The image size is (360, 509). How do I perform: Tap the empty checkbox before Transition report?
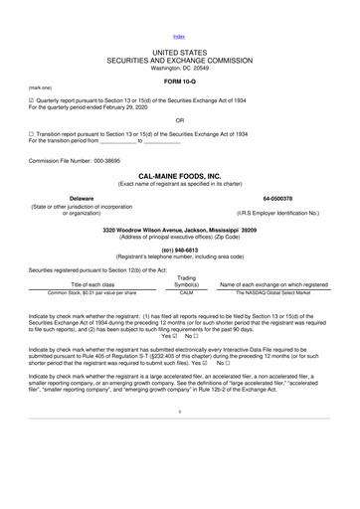coord(33,133)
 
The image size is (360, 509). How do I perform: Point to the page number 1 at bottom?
coord(179,465)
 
